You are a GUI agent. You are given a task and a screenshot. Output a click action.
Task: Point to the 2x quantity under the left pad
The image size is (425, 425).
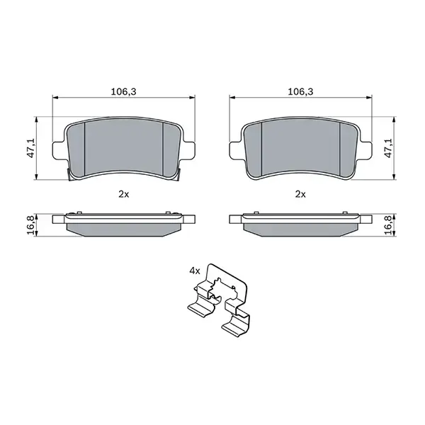123,193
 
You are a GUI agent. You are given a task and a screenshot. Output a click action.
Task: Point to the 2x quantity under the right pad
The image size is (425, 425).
300,193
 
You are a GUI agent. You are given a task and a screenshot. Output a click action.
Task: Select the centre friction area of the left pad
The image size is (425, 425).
124,149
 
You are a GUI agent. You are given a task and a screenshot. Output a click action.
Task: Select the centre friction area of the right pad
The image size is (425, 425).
300,149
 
